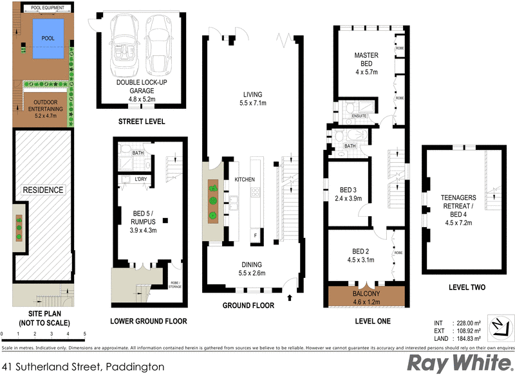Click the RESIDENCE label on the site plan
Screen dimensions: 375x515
43,190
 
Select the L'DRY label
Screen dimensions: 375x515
140,179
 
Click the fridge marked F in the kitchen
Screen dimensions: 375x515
255,234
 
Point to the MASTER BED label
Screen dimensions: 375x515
366,60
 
